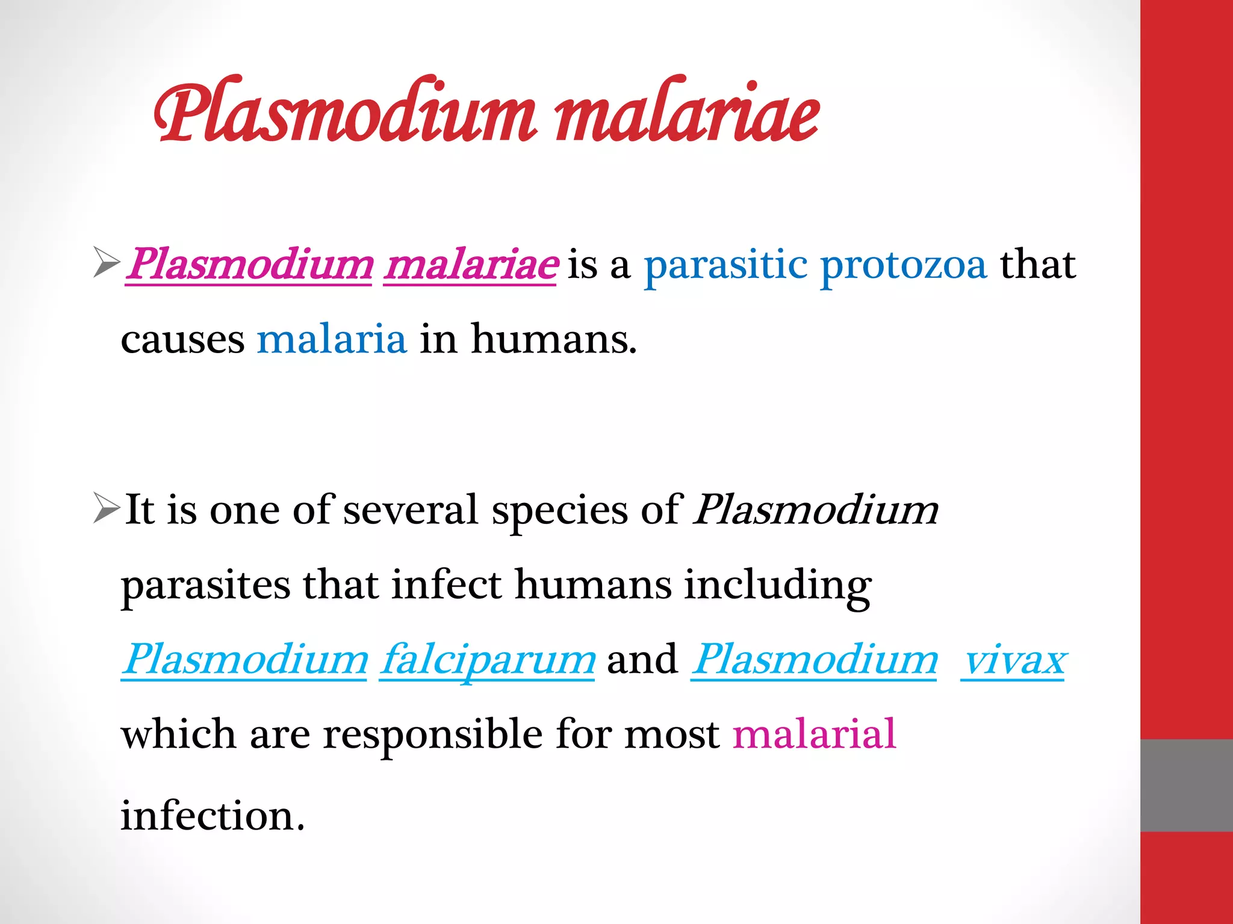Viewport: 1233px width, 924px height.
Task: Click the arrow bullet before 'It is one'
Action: pos(106,509)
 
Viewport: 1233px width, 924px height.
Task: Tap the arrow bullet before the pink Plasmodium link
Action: pos(106,263)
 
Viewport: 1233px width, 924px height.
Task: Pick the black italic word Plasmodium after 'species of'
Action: pos(816,510)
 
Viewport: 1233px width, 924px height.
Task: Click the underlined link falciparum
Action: pos(488,660)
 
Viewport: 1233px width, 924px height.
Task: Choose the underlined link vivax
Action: pos(1013,660)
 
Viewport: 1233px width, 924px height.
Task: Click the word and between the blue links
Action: pos(642,660)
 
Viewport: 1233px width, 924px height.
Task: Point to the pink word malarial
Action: pos(815,735)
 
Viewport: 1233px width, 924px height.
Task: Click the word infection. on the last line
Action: pos(213,816)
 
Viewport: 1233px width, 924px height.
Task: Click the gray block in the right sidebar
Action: pos(1186,785)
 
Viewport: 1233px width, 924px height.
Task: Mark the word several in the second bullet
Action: pos(411,510)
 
